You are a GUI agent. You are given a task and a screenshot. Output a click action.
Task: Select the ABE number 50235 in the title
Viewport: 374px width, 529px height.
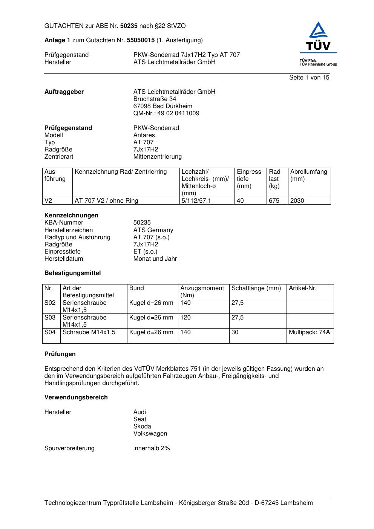[x=129, y=26]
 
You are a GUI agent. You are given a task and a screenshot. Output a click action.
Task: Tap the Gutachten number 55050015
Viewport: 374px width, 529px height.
[x=141, y=40]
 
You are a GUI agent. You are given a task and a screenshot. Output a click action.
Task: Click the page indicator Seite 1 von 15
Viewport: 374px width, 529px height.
[x=309, y=78]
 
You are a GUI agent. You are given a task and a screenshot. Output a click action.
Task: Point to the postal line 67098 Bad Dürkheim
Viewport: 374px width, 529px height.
[x=162, y=106]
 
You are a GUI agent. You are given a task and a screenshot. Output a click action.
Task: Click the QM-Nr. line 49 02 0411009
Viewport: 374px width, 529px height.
[x=166, y=113]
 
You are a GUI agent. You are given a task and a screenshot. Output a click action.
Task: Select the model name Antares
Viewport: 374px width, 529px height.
[x=144, y=135]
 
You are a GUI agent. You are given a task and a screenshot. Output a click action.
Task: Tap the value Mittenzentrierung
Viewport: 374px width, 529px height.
[x=157, y=157]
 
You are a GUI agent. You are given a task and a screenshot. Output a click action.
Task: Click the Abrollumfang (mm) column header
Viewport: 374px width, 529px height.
[x=308, y=175]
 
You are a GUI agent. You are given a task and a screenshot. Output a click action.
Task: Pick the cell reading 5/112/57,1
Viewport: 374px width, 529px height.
[x=196, y=201]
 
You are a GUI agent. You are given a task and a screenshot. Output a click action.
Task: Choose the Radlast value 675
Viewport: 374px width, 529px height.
[x=274, y=201]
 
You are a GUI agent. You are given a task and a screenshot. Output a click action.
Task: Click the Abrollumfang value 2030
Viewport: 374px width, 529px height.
[x=297, y=201]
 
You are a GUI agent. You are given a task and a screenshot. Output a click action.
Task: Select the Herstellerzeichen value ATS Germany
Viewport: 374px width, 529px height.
[x=153, y=230]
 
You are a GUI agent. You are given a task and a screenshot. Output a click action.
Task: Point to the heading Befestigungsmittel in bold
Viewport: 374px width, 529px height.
[x=72, y=273]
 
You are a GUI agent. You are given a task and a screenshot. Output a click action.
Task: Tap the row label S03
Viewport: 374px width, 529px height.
[x=50, y=318]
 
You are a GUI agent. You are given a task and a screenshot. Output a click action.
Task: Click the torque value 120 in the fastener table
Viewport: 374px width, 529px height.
[x=185, y=318]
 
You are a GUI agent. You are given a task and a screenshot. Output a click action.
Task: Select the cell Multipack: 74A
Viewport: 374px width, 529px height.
[x=309, y=332]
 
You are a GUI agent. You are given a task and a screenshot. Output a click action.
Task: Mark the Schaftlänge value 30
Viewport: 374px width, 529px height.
[x=235, y=332]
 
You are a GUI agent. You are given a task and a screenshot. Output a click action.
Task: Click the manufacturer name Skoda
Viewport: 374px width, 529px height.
[x=142, y=427]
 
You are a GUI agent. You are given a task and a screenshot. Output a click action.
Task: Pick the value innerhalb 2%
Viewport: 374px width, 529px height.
[x=152, y=448]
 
